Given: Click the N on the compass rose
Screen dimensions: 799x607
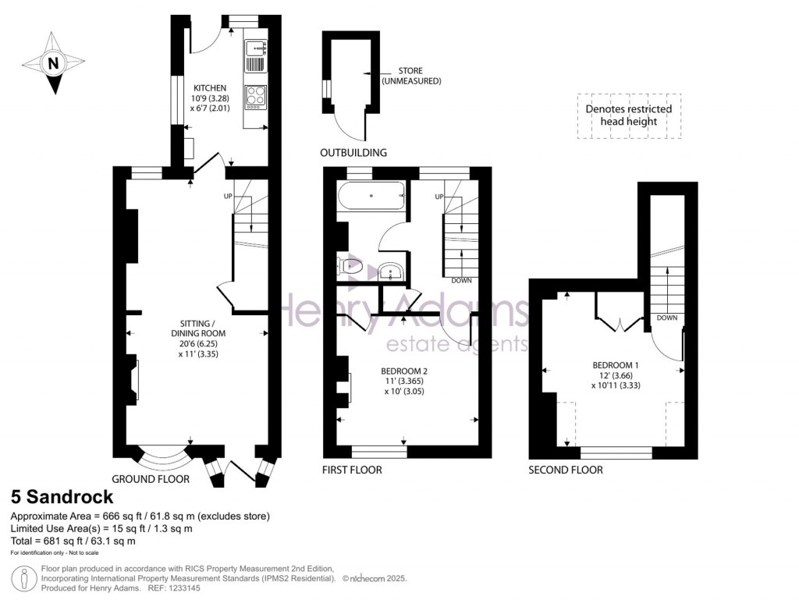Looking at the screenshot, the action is pos(53,63).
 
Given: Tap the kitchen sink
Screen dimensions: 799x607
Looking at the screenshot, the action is pos(255,48).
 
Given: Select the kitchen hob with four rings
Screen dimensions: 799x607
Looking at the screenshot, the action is pos(255,95).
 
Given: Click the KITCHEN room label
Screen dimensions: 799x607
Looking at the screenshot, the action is pos(209,87).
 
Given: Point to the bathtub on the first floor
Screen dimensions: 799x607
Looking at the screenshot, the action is pos(371,196).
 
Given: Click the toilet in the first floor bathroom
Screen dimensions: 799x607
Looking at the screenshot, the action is pos(350,265).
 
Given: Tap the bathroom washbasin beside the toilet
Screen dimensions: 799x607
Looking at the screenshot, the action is pos(391,271).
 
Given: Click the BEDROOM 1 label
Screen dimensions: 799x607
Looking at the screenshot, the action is pos(616,365).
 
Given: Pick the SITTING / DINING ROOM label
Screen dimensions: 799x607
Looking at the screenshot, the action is pos(198,328).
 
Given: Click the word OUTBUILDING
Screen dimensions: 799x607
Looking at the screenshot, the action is pos(353,152).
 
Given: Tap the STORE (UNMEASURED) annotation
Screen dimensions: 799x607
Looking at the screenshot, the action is pos(410,76).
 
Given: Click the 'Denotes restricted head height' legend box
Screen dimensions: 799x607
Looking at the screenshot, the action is pos(629,115).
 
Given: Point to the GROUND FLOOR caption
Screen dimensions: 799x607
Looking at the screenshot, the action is pos(151,479).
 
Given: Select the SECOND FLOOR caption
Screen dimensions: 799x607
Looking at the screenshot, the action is pos(566,470).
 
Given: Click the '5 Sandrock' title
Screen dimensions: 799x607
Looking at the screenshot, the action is pos(62,496).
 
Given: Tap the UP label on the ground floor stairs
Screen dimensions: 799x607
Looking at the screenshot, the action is pos(228,196).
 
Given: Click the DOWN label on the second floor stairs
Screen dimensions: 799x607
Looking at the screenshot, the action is pos(667,318).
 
